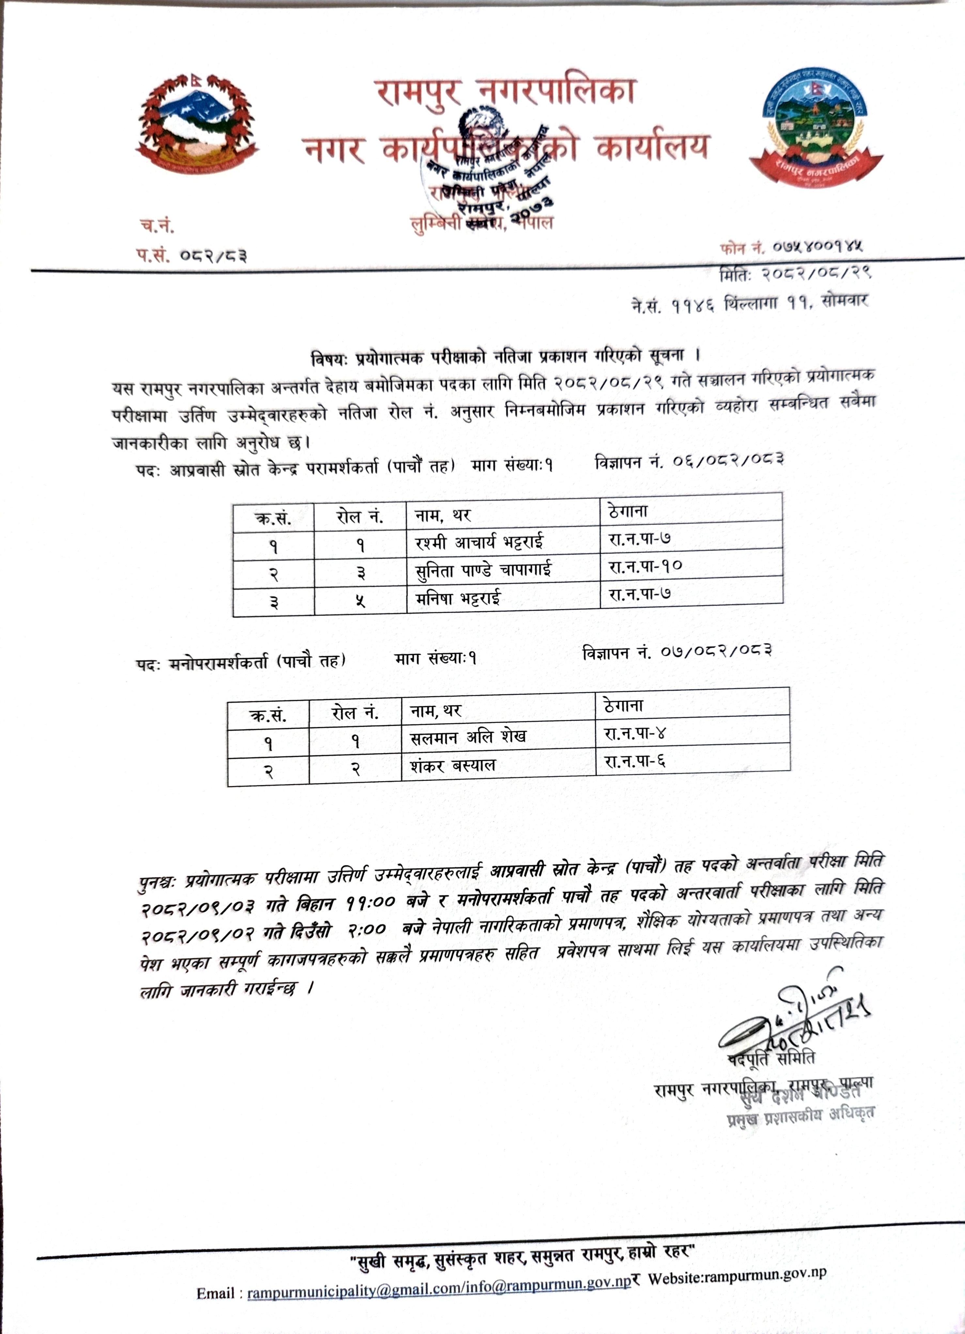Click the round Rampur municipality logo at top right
coord(815,128)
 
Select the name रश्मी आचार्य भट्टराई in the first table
coord(479,542)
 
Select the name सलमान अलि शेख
coord(468,736)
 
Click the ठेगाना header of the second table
coord(623,705)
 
